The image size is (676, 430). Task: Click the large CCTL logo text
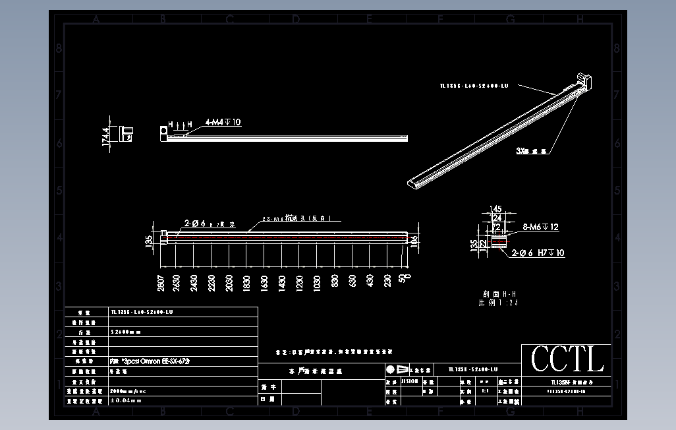click(567, 359)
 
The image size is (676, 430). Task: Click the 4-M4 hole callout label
click(223, 122)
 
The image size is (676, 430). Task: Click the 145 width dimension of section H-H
click(496, 209)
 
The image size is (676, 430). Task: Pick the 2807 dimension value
click(161, 282)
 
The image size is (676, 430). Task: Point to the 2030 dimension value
click(229, 282)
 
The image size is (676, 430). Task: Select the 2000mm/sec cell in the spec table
click(129, 391)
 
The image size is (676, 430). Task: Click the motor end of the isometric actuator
click(584, 80)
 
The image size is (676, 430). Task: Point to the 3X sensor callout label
click(532, 151)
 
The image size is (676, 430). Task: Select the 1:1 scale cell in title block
click(485, 391)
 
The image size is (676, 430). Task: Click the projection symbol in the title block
click(396, 369)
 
